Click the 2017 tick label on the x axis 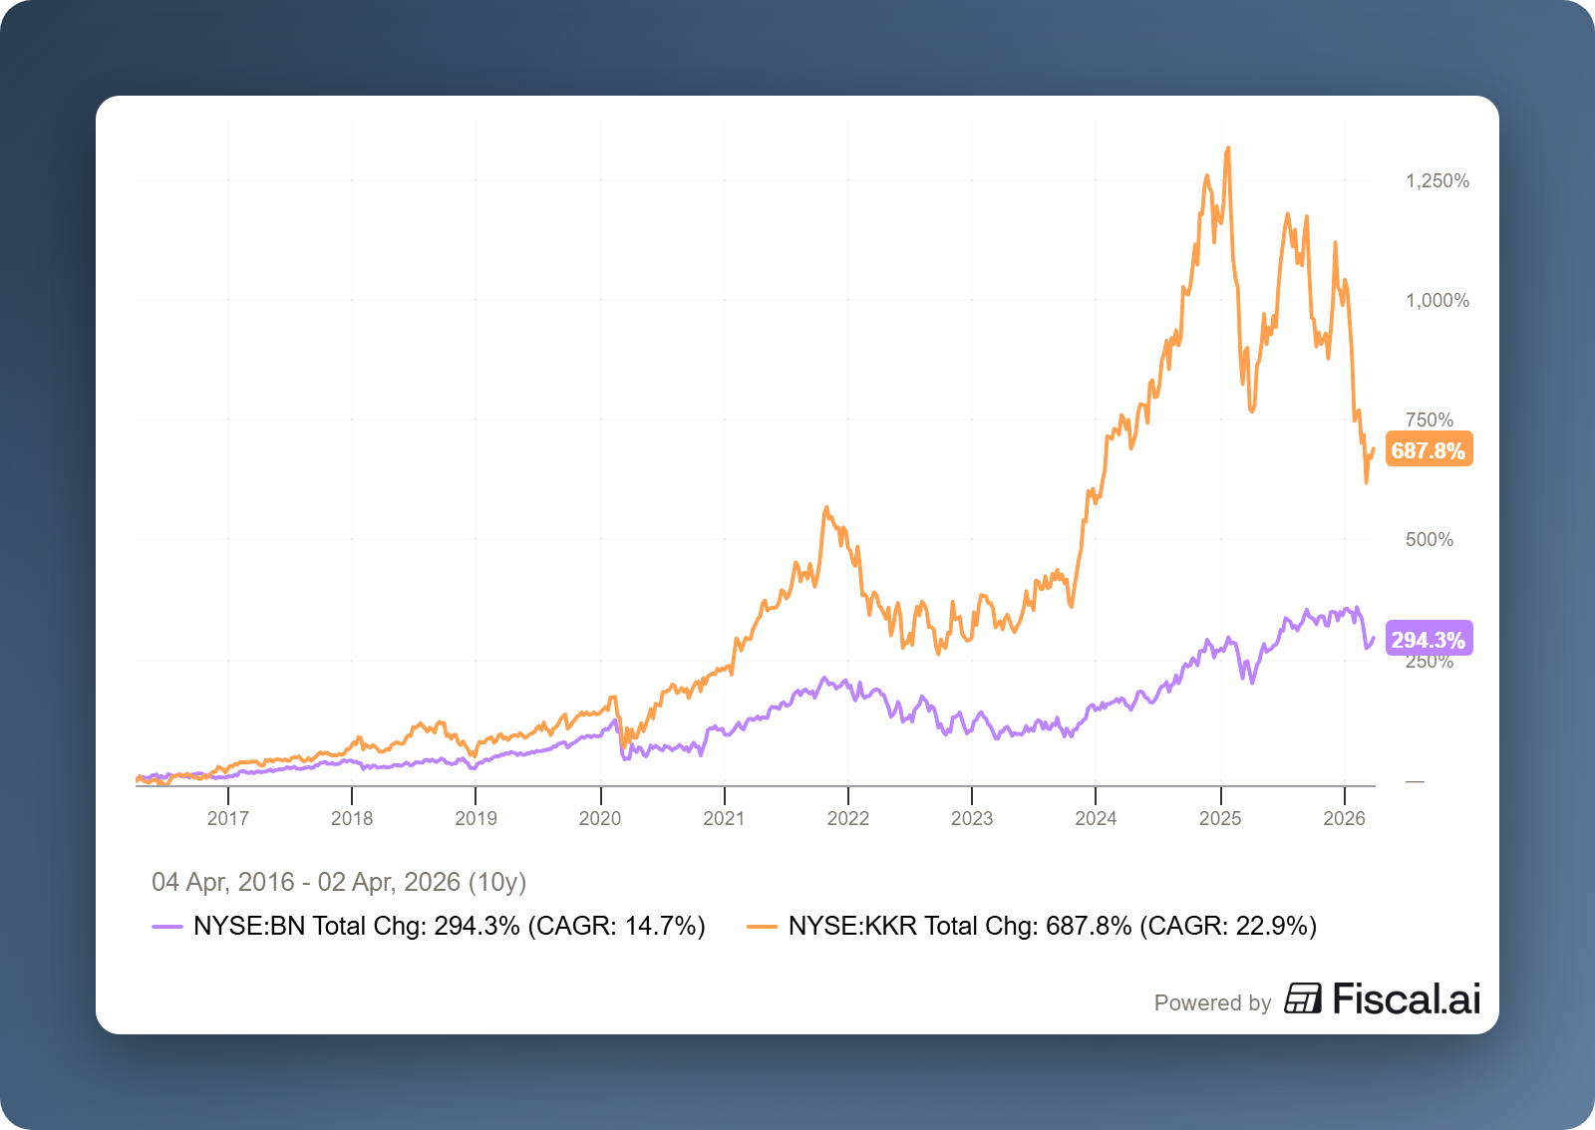(227, 818)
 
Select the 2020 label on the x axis (600, 818)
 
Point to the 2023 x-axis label (972, 818)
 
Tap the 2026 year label (1344, 818)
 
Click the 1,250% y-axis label (1437, 180)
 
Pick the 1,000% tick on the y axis (1437, 300)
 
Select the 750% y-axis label (1430, 420)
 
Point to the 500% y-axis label (1430, 539)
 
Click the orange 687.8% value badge (1429, 450)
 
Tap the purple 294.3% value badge (1429, 640)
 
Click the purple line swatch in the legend (167, 927)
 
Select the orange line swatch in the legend (762, 927)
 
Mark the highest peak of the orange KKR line (1228, 148)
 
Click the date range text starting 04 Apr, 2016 (339, 882)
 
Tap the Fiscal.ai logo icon (1302, 998)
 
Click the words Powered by (1212, 1002)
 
